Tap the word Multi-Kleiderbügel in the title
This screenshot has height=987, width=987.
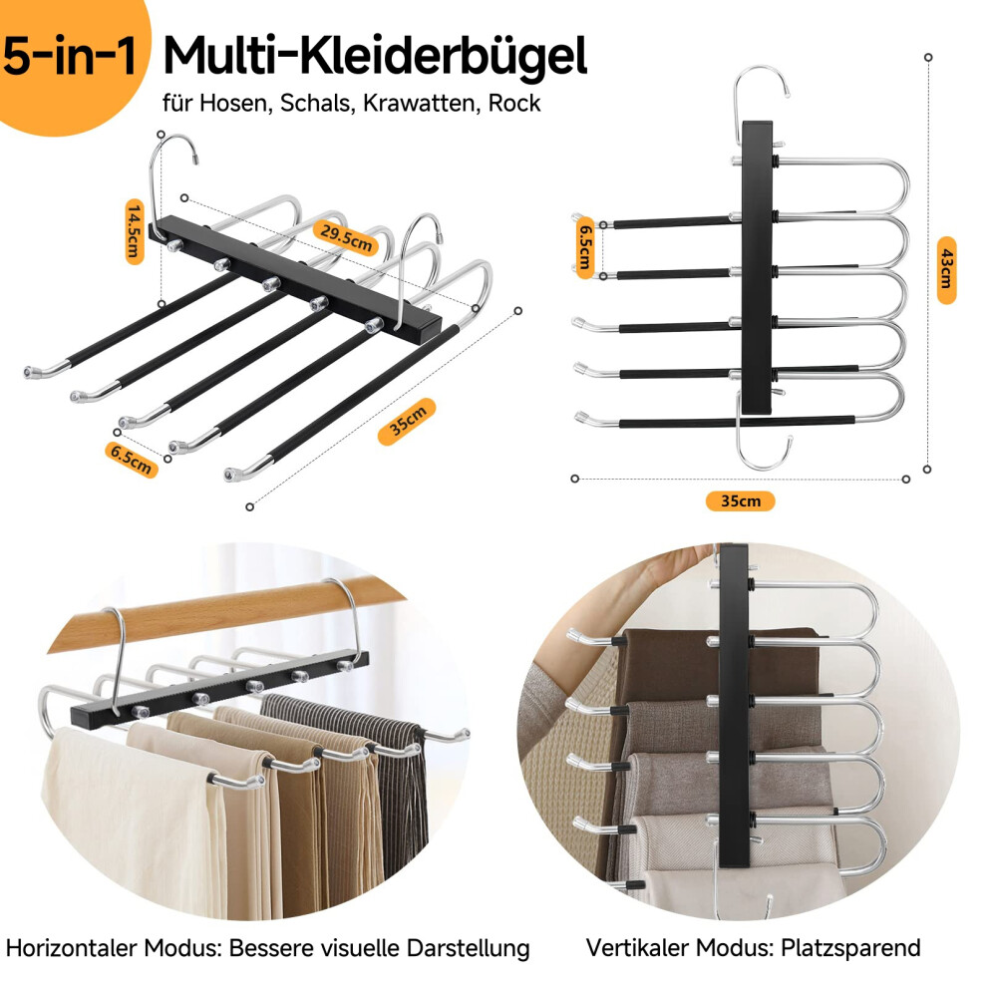[375, 57]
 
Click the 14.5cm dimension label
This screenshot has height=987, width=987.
[135, 231]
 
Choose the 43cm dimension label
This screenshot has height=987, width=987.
[945, 270]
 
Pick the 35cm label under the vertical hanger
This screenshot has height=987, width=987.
[740, 501]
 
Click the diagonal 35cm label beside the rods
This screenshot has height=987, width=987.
[408, 421]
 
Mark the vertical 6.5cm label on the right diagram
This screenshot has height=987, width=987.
[585, 247]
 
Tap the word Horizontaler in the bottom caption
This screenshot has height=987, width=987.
[72, 947]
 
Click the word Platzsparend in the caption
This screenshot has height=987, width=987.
[851, 948]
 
